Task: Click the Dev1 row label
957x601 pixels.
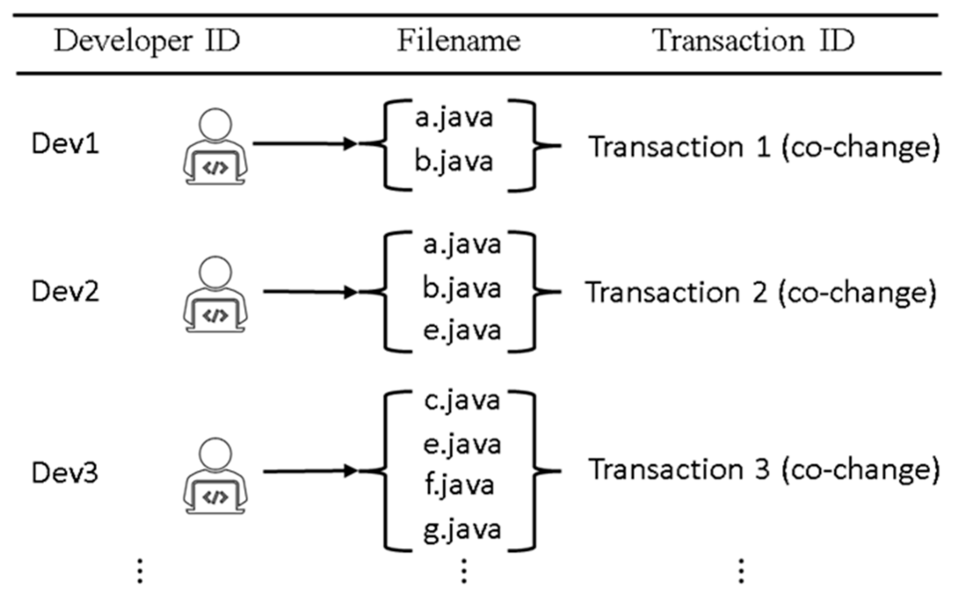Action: point(65,144)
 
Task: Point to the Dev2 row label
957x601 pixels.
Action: point(65,292)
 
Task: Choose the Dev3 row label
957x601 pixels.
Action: point(65,473)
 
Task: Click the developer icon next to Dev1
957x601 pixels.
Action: point(215,147)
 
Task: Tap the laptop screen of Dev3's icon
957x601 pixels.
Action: point(215,497)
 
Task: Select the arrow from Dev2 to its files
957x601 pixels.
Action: point(309,292)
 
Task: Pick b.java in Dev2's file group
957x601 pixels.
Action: point(461,289)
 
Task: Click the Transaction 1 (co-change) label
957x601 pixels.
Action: point(763,148)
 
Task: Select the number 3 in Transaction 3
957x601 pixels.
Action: point(762,469)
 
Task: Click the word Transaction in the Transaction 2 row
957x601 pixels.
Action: point(662,293)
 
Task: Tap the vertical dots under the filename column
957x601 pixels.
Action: point(464,571)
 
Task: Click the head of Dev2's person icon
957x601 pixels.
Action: point(215,272)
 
